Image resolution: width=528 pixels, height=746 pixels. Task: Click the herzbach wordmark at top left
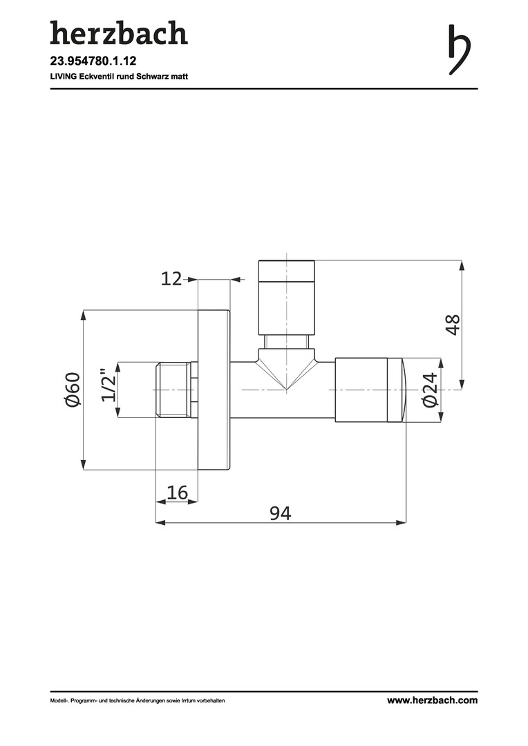[x=119, y=33]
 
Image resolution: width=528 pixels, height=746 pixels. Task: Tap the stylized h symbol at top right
[x=460, y=50]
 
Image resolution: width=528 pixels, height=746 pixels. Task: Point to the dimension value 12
[x=171, y=279]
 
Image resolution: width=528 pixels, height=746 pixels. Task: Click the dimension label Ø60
[x=73, y=390]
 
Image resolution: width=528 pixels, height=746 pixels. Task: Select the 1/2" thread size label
[x=109, y=385]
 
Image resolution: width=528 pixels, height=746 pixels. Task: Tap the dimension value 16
[x=178, y=492]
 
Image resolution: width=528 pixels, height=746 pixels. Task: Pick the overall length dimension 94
[x=281, y=513]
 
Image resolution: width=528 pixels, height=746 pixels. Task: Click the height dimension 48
[x=453, y=325]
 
